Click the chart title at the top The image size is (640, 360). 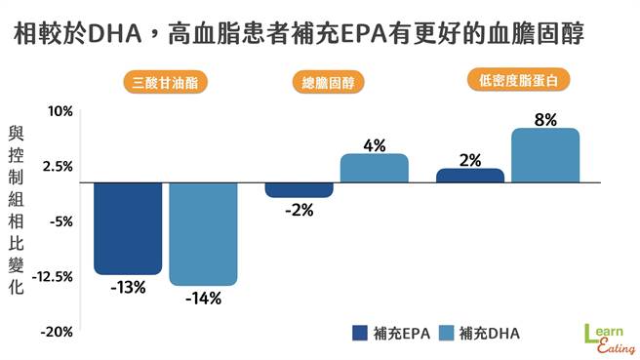click(x=320, y=36)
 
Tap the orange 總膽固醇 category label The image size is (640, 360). click(x=327, y=83)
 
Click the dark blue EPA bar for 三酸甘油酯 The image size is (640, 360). click(x=128, y=228)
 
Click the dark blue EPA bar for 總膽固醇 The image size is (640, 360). click(x=299, y=190)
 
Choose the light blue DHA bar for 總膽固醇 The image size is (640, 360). click(x=374, y=168)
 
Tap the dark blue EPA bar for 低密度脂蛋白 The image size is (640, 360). click(x=469, y=176)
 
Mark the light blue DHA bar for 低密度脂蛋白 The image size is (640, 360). click(x=544, y=154)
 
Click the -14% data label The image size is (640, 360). click(x=203, y=298)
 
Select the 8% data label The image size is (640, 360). click(x=545, y=119)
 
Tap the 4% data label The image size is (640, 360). click(x=374, y=145)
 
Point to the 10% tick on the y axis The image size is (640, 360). click(x=61, y=111)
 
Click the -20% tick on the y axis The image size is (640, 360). click(x=58, y=332)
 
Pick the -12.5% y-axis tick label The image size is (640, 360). click(x=54, y=277)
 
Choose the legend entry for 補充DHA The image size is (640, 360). click(x=478, y=333)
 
